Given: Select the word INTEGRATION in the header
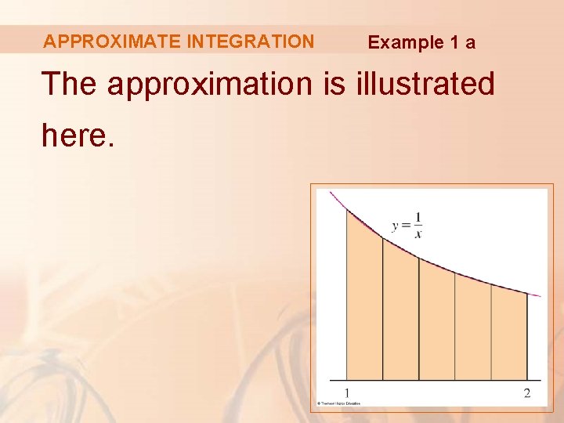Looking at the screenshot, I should [x=251, y=42].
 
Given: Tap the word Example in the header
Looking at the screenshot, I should [x=406, y=42].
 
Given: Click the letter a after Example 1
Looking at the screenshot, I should [x=470, y=43].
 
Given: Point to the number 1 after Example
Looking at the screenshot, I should [x=454, y=42].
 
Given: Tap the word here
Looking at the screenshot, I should [x=78, y=135].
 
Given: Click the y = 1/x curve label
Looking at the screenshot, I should [x=407, y=225].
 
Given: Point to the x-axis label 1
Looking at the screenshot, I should [x=347, y=392].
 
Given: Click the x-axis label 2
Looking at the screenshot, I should [x=527, y=392].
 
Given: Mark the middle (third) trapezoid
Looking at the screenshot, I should [x=436, y=321].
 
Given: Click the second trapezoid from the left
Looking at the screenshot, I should [x=400, y=313].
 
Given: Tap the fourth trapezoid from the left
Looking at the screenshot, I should [x=472, y=329].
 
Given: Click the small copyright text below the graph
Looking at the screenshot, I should [x=338, y=403].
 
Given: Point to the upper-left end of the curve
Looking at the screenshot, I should [x=332, y=193].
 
